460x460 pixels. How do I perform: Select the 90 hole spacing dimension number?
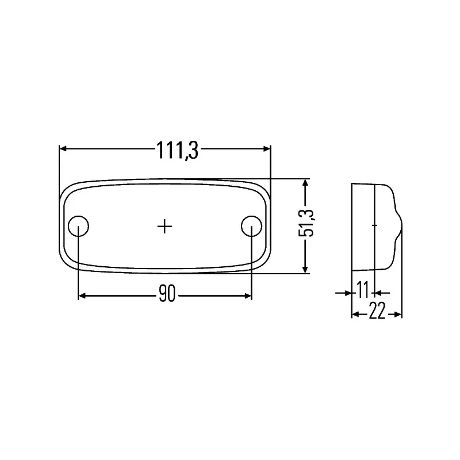click(166, 296)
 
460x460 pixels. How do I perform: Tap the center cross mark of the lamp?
click(165, 227)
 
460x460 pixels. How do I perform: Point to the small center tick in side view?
click(375, 225)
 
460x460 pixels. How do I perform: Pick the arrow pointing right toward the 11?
click(346, 293)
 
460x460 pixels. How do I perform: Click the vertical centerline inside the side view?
click(374, 247)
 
